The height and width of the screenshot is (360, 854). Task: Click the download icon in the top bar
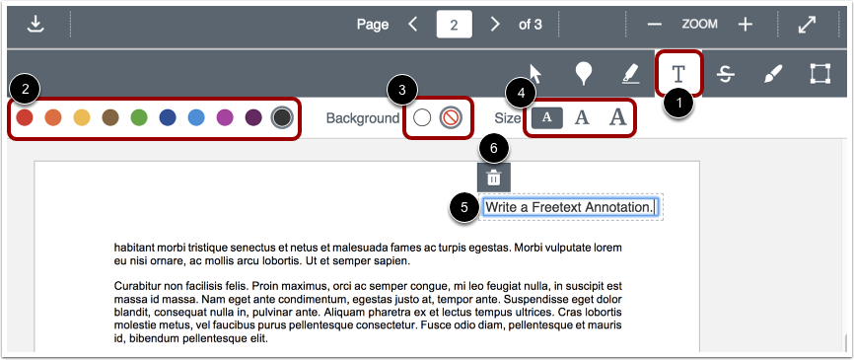[36, 24]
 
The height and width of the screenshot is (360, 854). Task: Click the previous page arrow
[414, 24]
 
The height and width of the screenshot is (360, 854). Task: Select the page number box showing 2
[454, 24]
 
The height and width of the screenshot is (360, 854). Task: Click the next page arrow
[495, 24]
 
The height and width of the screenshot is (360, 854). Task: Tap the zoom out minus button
[655, 24]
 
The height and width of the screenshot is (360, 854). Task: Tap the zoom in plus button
[746, 24]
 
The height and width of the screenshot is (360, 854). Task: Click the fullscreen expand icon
[807, 24]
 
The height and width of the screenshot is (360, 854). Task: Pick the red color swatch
[25, 118]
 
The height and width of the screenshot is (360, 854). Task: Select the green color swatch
[139, 118]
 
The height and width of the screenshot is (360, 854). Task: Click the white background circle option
[422, 118]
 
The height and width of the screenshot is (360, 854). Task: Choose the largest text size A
[617, 117]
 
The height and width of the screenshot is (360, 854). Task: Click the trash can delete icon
[494, 178]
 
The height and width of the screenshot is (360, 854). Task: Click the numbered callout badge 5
[462, 207]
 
